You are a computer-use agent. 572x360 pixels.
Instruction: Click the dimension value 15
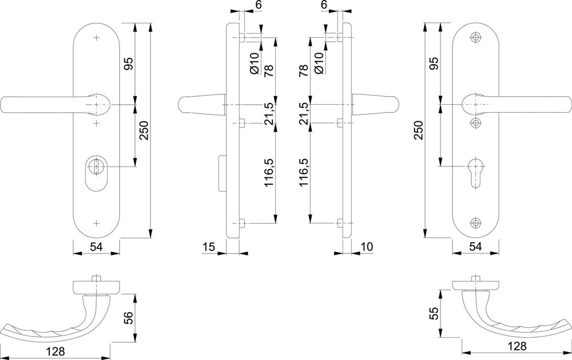click(209, 247)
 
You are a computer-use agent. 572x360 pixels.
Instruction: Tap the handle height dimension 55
click(434, 313)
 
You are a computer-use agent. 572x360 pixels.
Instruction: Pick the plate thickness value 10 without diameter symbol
click(367, 247)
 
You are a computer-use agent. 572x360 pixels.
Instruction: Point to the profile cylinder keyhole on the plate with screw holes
click(475, 173)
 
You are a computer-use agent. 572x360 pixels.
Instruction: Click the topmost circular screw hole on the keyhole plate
click(475, 37)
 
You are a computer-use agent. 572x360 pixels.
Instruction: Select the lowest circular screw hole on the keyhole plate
click(475, 222)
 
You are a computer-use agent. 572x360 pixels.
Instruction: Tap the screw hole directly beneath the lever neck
click(475, 122)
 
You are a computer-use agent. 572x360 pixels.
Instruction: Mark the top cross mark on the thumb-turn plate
click(96, 37)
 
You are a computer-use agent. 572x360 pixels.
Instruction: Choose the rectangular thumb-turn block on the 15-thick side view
click(222, 173)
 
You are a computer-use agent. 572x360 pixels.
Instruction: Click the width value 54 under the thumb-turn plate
click(96, 247)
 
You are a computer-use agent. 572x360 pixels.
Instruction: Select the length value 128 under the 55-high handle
click(517, 346)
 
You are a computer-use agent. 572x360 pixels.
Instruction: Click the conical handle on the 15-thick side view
click(202, 105)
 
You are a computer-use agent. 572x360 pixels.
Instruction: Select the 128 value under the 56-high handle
click(55, 351)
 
